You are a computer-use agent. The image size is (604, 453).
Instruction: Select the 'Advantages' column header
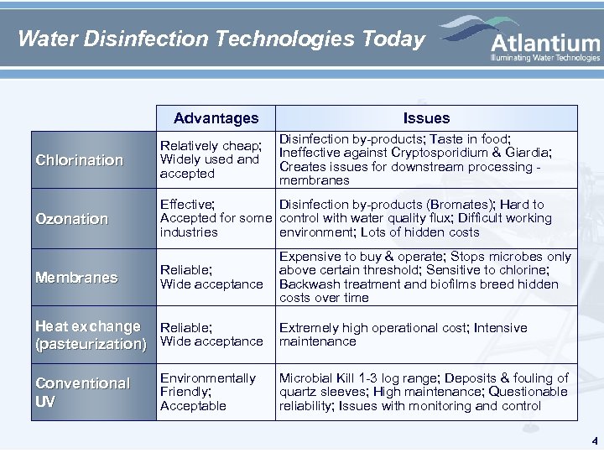click(216, 118)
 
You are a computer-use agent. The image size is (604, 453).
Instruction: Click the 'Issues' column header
click(426, 118)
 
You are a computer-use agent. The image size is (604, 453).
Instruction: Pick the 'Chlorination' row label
click(79, 159)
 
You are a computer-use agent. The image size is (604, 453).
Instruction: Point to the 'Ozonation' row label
click(72, 218)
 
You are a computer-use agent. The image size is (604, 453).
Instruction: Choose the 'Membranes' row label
click(76, 278)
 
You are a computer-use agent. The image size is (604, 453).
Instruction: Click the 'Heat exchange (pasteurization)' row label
click(88, 335)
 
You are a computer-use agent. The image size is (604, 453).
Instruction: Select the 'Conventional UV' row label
click(82, 392)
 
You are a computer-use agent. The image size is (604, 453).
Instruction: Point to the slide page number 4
click(594, 440)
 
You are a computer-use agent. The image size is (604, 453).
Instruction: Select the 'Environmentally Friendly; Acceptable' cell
click(208, 392)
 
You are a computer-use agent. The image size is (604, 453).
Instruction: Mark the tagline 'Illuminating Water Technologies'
click(545, 58)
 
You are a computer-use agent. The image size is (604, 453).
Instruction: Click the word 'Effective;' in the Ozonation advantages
click(187, 205)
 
